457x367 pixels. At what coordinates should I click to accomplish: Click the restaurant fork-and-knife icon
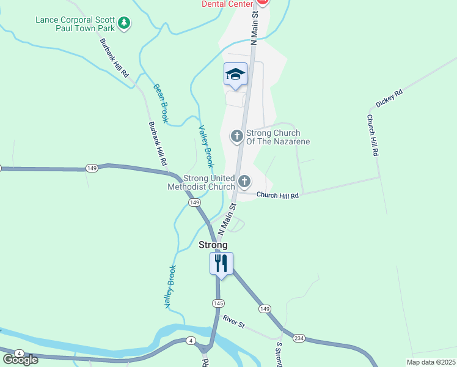click(221, 264)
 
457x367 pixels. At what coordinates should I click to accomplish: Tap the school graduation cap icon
click(235, 75)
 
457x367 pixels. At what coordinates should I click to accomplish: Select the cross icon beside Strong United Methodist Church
click(244, 180)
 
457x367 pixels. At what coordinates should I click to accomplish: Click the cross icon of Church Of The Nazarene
click(237, 136)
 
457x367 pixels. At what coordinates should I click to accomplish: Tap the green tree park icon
click(125, 23)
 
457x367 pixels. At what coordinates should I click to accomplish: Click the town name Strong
click(213, 245)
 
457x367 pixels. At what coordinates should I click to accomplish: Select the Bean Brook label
click(161, 103)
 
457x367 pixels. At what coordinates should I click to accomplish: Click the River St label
click(233, 322)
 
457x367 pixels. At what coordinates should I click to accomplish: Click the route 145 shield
click(218, 303)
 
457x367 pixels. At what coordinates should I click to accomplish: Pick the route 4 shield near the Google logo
click(19, 354)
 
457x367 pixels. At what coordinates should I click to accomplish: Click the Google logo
click(20, 360)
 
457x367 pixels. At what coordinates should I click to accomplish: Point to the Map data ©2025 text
click(431, 362)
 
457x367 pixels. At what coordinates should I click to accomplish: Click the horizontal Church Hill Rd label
click(277, 196)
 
